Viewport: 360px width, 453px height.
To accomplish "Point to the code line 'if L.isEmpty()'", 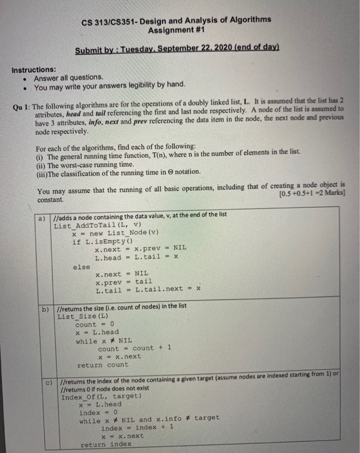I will coord(100,241).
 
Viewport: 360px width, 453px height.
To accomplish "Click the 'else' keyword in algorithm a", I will coord(82,265).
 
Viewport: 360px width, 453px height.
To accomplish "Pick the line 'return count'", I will coord(102,364).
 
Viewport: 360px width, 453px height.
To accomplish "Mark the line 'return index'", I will coord(105,445).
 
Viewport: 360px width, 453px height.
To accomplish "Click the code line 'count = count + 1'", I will coord(127,348).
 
